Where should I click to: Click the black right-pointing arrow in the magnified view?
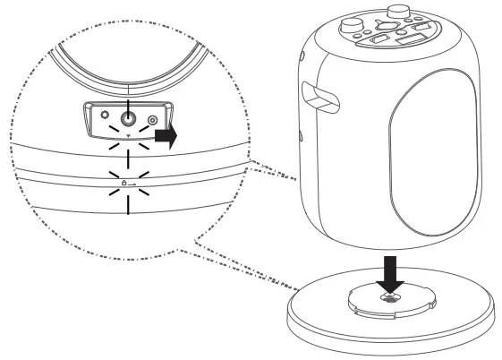tap(166, 136)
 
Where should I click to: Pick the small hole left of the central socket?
tap(106, 116)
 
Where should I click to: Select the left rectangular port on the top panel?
tap(379, 40)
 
